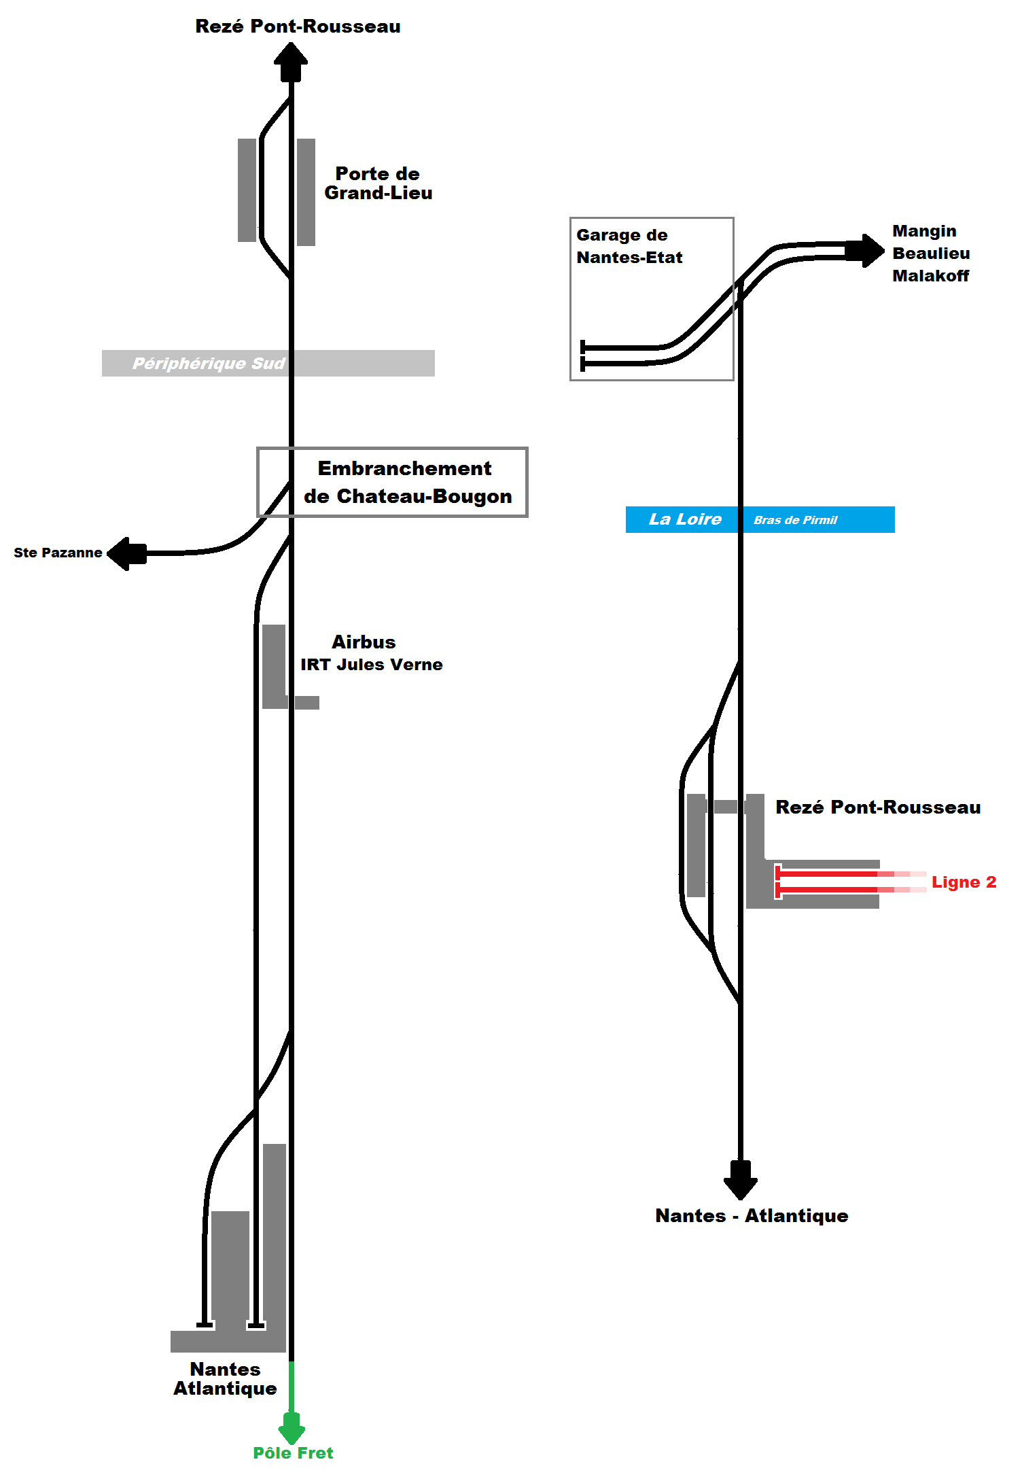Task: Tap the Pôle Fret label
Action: (x=293, y=1453)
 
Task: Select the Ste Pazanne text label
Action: (x=58, y=553)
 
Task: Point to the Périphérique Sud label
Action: (x=208, y=364)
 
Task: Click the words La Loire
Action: (x=685, y=519)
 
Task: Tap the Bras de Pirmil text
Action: (x=795, y=520)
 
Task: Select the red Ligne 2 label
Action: (x=964, y=882)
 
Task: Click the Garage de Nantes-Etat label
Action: (x=629, y=246)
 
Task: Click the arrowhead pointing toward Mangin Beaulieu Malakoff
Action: (x=865, y=251)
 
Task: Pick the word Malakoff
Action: (x=930, y=276)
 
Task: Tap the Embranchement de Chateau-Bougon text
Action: (x=407, y=482)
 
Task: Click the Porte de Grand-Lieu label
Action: (x=378, y=184)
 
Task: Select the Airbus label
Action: (x=364, y=642)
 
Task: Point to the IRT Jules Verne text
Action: (x=372, y=665)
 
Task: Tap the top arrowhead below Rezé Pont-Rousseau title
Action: (x=291, y=62)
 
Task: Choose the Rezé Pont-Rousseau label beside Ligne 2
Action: (x=878, y=807)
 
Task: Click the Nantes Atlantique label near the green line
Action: (x=225, y=1378)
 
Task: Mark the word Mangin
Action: (x=924, y=232)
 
